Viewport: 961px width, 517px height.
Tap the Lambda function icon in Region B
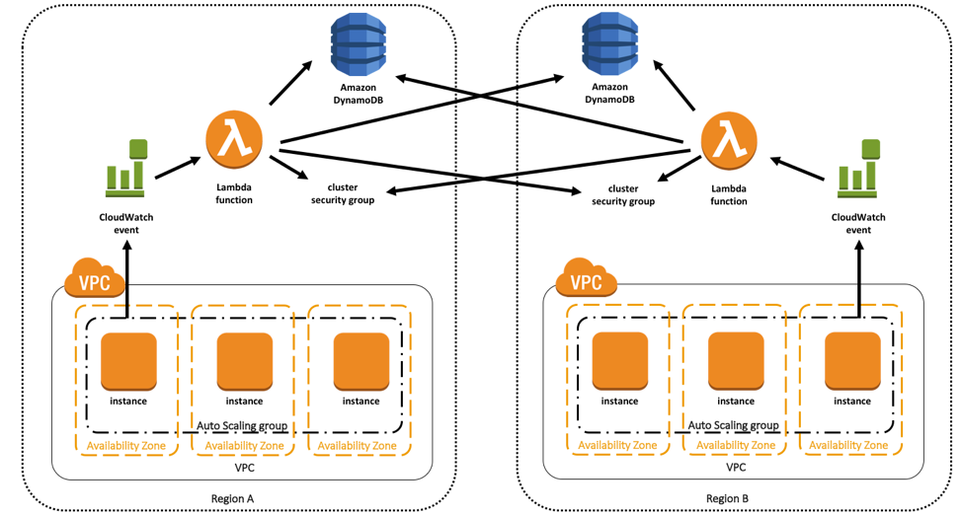click(728, 140)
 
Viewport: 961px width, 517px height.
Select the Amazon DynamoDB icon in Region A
click(358, 44)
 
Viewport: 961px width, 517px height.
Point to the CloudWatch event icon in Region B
click(857, 168)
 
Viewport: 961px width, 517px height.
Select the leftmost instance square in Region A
click(128, 361)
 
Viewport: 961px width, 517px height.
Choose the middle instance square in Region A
click(244, 361)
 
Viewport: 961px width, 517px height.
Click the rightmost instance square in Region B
click(852, 361)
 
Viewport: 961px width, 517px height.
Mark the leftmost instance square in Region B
click(619, 361)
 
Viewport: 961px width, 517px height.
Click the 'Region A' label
click(233, 498)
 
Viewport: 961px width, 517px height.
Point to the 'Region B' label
click(727, 498)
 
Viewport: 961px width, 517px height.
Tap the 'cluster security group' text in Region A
click(343, 193)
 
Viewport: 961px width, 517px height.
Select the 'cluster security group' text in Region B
click(623, 194)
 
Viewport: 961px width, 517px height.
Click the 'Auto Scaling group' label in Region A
click(242, 425)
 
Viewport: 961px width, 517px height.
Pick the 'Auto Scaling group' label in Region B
click(733, 425)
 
